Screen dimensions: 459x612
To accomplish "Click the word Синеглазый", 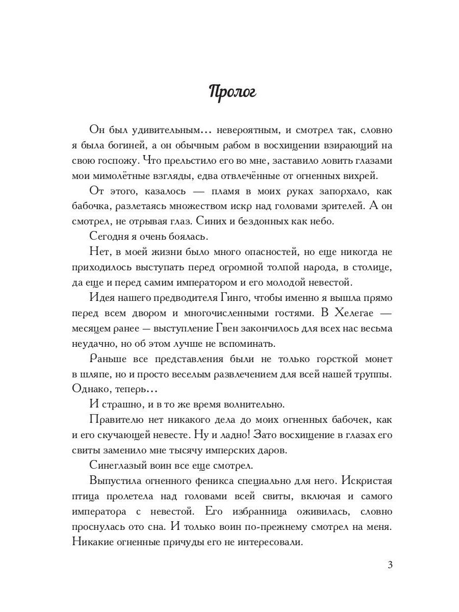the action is [x=118, y=465].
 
